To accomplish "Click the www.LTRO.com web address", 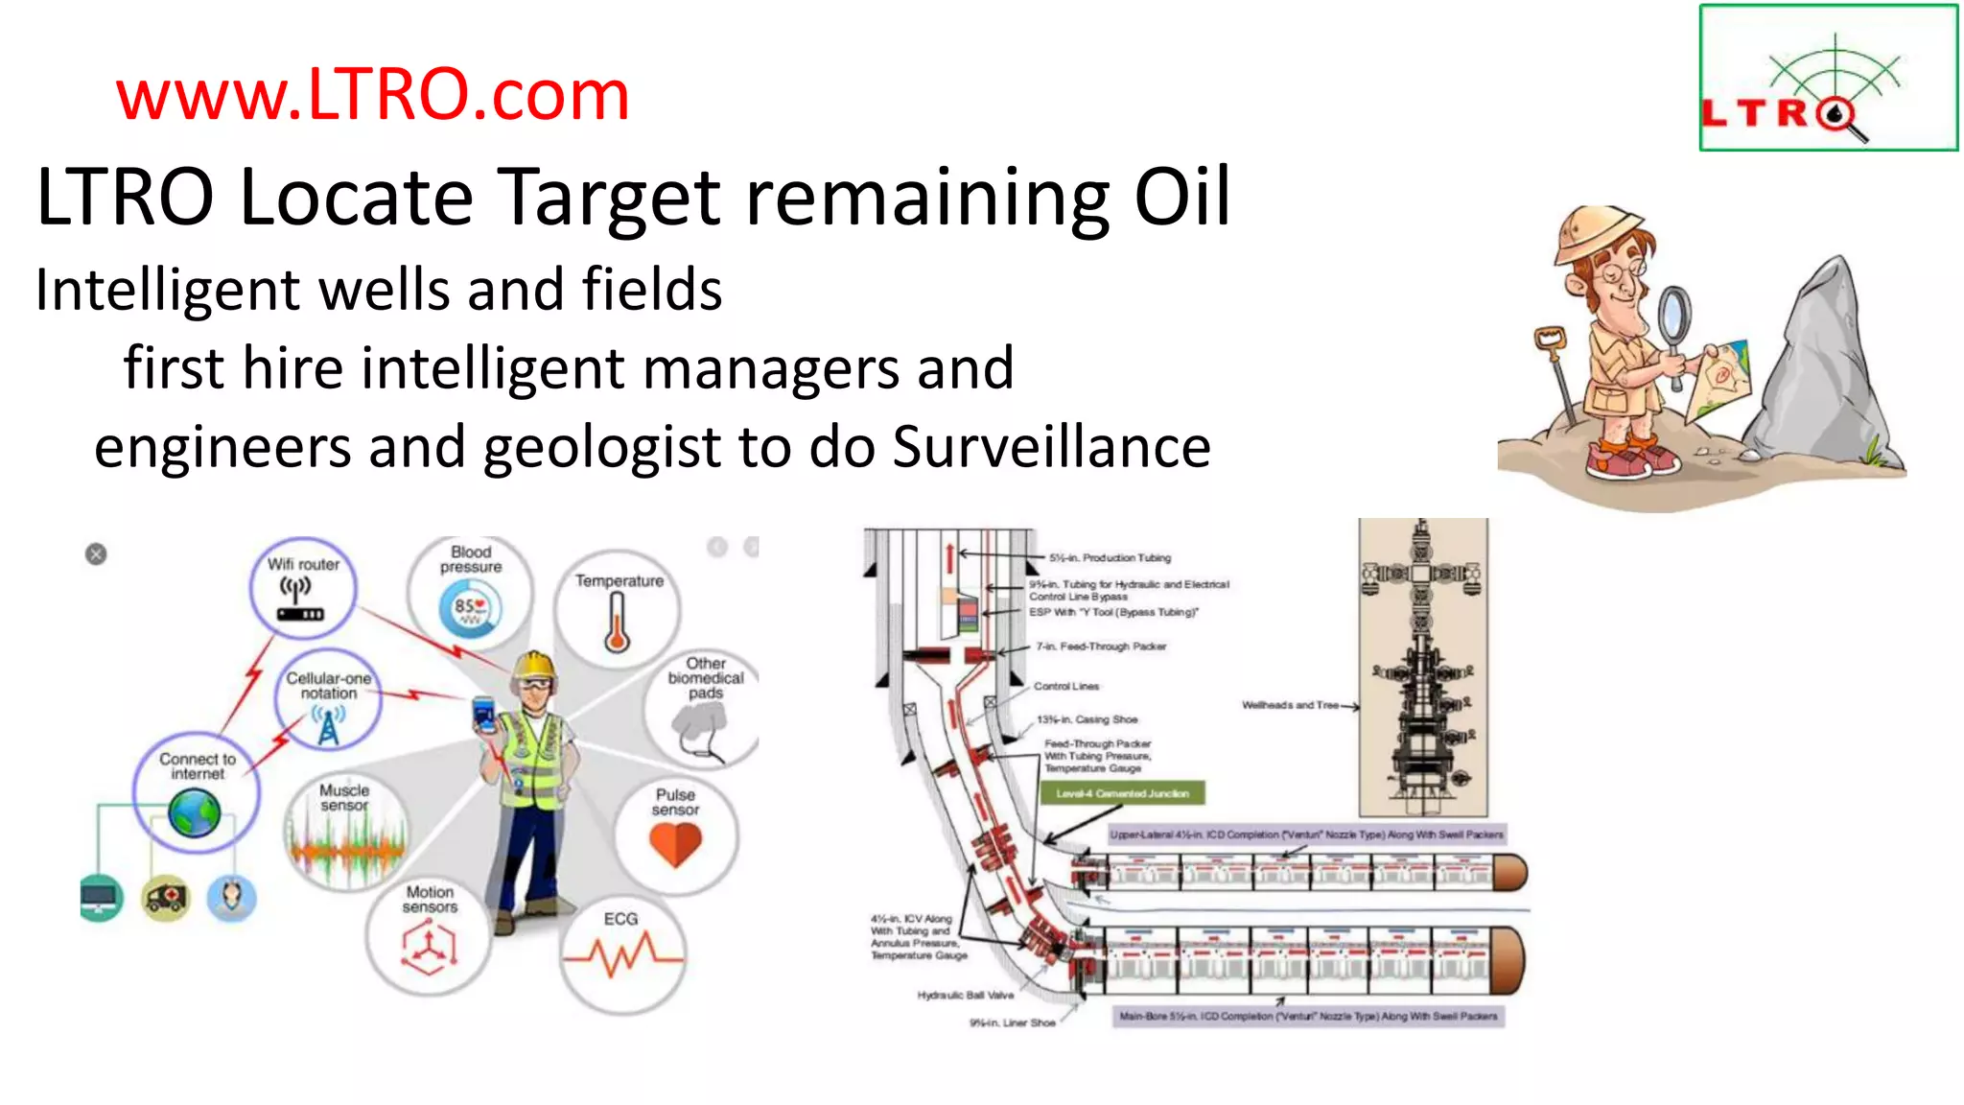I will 372,95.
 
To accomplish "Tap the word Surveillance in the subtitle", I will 1051,447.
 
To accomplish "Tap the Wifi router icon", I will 300,599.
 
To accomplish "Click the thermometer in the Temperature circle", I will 617,623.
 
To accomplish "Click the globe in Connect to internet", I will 195,813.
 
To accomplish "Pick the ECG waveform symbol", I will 621,955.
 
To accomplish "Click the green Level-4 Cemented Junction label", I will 1122,793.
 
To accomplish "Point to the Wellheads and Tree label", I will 1290,705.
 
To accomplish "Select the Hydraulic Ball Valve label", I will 965,995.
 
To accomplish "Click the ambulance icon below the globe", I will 166,898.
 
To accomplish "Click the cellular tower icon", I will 328,725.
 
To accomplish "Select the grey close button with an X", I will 96,554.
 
